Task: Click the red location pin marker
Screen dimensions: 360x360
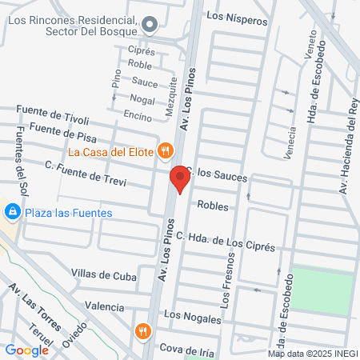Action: tap(179, 179)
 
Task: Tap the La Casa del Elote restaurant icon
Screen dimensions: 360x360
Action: tap(166, 149)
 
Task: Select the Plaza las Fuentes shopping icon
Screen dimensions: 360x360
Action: tap(11, 212)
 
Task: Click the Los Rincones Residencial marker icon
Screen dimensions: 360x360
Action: tap(150, 26)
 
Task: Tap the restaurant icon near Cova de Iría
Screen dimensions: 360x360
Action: tap(144, 330)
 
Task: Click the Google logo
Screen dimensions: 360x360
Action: tap(26, 350)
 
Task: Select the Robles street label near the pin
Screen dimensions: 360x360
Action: tap(212, 206)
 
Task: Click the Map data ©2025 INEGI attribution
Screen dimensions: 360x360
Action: tap(313, 354)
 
